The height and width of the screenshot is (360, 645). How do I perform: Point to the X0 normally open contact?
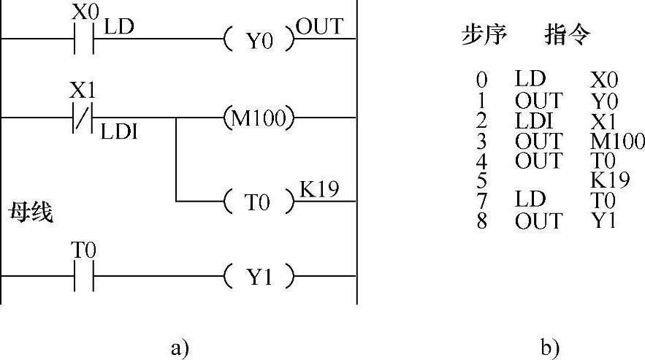[83, 39]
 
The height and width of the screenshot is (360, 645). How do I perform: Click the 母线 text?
[31, 215]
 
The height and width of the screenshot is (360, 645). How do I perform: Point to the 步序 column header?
[484, 36]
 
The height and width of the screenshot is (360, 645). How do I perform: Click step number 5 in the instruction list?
[481, 180]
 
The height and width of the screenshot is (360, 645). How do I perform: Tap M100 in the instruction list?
[618, 140]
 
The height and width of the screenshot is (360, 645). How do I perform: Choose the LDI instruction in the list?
[531, 120]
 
